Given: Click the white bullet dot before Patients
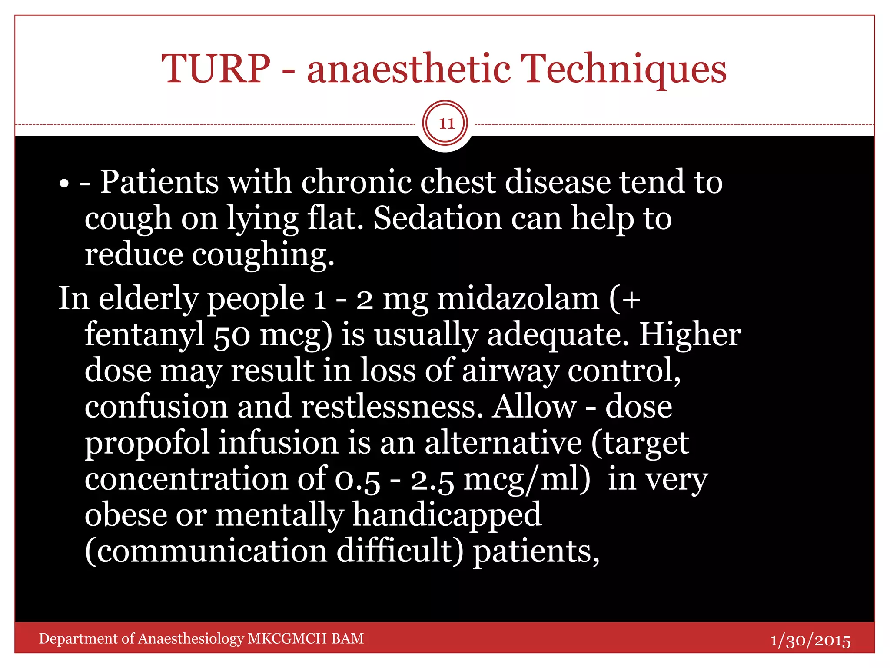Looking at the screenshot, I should tap(64, 184).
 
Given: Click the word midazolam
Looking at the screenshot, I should tap(518, 299).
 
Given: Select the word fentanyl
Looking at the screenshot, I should tap(144, 335).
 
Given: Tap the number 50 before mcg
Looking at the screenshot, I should tap(232, 336).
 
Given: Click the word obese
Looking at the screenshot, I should tap(126, 515).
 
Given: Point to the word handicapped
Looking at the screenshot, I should tap(447, 516).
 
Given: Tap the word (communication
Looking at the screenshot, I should tap(206, 551).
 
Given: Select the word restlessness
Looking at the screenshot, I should tap(392, 407).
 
